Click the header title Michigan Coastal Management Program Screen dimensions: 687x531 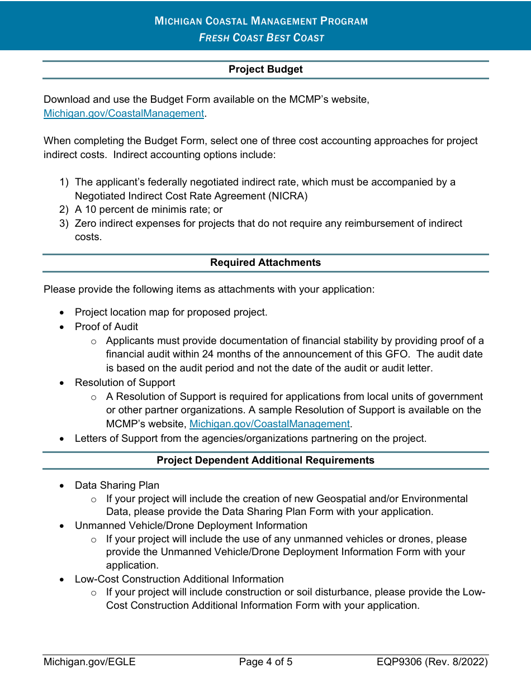click(261, 21)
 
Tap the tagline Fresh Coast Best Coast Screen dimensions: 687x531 click(261, 38)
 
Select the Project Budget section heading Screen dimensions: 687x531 click(265, 69)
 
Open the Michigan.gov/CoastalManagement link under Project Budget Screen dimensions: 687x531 click(124, 113)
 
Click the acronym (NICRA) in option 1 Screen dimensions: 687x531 click(287, 196)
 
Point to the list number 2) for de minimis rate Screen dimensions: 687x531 click(64, 209)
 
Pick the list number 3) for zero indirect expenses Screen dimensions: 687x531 click(64, 223)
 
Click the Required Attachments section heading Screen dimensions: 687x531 click(265, 263)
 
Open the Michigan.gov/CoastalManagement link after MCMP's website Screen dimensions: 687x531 click(269, 424)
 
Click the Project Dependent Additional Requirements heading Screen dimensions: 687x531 click(265, 460)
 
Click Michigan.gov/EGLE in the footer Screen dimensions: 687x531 click(89, 662)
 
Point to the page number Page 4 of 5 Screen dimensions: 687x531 click(265, 662)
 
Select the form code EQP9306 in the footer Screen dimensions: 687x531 click(399, 662)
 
